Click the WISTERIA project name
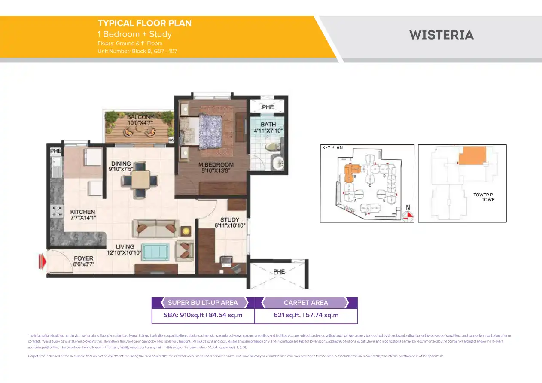tap(442, 35)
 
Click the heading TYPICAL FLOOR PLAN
tap(144, 23)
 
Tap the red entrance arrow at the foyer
tap(42, 261)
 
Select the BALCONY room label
tap(140, 117)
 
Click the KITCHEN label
tap(82, 212)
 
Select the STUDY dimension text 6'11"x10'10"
tap(230, 225)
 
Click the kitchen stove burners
tap(56, 211)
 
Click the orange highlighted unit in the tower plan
tap(472, 155)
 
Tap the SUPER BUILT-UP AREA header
tap(203, 303)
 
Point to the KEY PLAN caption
tap(332, 147)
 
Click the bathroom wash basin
tap(278, 163)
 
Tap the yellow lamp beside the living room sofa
tap(186, 231)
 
